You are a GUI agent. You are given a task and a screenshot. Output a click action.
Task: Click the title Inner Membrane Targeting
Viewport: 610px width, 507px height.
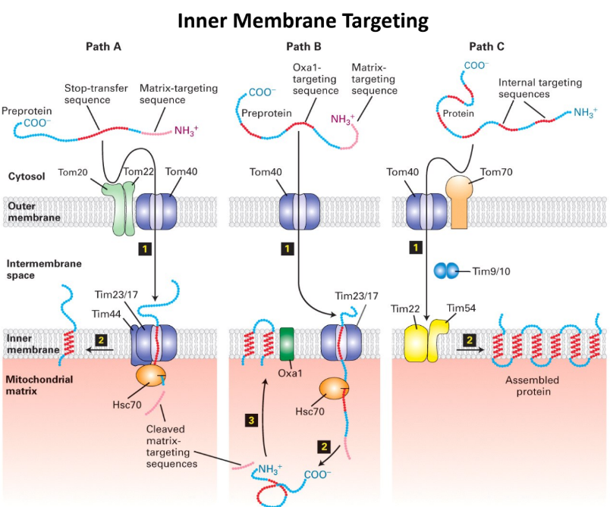point(303,20)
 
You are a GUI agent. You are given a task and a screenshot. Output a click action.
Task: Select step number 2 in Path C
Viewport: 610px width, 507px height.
point(470,339)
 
